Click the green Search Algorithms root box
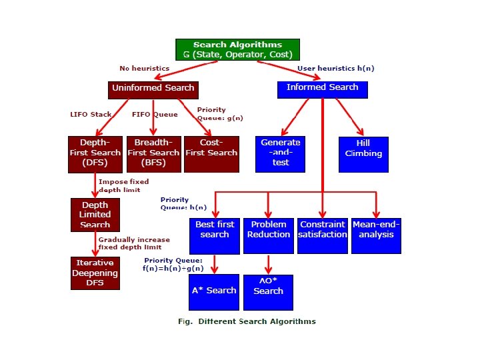click(237, 49)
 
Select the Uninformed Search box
click(153, 88)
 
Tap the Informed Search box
click(322, 88)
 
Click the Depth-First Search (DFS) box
click(95, 154)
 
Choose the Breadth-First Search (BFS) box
click(153, 154)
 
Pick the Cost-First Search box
click(211, 154)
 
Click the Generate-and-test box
click(280, 154)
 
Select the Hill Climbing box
click(363, 154)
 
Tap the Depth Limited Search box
click(95, 215)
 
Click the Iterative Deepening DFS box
click(95, 273)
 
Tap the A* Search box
click(214, 292)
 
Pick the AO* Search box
click(268, 292)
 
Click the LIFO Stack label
click(91, 115)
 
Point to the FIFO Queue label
click(155, 115)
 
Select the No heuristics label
click(144, 68)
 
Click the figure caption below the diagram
click(247, 321)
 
